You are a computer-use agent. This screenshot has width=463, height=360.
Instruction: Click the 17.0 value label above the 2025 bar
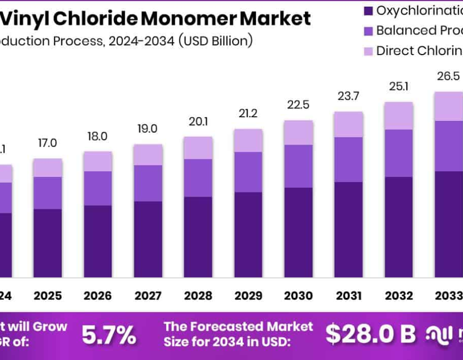click(48, 143)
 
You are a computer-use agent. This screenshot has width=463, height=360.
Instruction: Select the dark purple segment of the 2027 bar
click(148, 239)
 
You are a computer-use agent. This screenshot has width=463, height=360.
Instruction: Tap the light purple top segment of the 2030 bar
click(298, 132)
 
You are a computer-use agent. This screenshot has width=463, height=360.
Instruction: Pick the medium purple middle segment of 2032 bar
click(399, 153)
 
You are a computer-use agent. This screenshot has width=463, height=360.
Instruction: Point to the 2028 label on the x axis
click(198, 296)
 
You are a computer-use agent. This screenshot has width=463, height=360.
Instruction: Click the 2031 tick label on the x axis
click(348, 296)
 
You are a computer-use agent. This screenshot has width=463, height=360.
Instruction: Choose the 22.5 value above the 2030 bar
click(298, 105)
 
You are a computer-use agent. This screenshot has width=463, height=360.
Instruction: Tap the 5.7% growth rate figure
click(109, 335)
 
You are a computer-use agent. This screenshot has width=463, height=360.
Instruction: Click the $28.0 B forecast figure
click(370, 334)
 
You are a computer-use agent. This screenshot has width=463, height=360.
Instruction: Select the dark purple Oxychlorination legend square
click(368, 10)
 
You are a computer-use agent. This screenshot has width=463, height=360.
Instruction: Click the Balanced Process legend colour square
click(368, 30)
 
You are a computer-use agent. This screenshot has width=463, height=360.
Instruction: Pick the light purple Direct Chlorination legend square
click(368, 50)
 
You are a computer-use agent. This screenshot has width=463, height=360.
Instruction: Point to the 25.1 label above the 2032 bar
click(399, 86)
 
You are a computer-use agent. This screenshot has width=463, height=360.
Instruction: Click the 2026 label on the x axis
click(98, 296)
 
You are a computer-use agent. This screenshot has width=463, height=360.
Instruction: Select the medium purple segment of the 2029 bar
click(248, 172)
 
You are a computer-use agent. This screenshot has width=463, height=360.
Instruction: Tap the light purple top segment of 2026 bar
click(98, 161)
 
